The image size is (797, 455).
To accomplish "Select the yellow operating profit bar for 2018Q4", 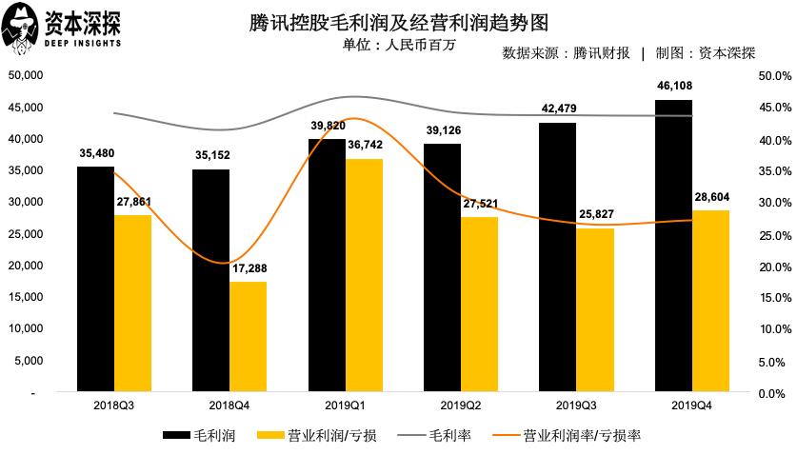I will coord(249,337).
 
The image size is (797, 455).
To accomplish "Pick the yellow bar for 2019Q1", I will coord(365,275).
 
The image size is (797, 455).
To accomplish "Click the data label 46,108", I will coord(673,87).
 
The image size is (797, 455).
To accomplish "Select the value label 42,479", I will coord(557,109).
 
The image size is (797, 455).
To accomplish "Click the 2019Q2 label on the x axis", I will coord(443,406).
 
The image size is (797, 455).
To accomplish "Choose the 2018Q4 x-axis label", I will coord(211,406).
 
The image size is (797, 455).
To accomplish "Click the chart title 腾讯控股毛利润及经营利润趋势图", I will coord(397,21).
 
